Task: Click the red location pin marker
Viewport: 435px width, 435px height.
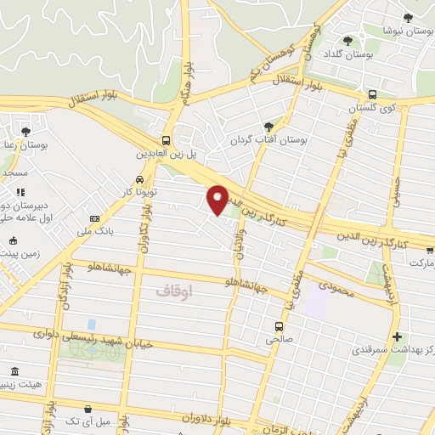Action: pos(218,199)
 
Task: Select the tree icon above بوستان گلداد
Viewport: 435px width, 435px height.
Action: pos(347,40)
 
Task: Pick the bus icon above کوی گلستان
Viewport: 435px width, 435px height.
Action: pos(373,94)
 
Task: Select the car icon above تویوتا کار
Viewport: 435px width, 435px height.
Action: pos(139,179)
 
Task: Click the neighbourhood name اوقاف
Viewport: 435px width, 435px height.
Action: pos(175,290)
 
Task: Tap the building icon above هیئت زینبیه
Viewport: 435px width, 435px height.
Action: pos(14,370)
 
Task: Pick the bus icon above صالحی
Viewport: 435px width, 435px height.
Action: pos(279,325)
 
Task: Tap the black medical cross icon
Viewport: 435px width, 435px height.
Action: pos(397,337)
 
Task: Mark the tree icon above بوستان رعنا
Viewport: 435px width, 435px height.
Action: pos(25,132)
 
